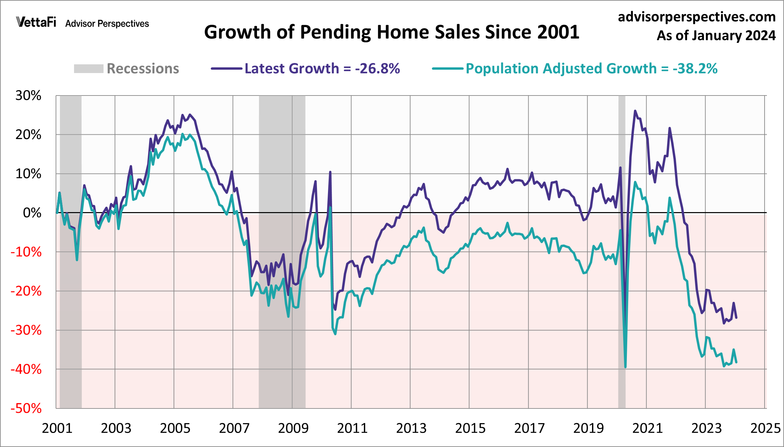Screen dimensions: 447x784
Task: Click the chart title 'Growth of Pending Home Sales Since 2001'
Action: pyautogui.click(x=392, y=33)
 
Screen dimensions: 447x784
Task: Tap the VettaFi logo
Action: pyautogui.click(x=36, y=22)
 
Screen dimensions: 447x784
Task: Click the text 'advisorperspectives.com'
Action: pyautogui.click(x=697, y=17)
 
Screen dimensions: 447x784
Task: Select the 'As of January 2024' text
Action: pyautogui.click(x=716, y=36)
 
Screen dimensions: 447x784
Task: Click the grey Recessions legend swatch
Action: pyautogui.click(x=88, y=69)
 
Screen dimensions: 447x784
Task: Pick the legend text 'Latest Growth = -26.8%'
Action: pyautogui.click(x=322, y=69)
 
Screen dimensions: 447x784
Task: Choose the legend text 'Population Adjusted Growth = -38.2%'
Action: pyautogui.click(x=591, y=69)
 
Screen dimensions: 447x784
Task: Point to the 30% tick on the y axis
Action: pyautogui.click(x=28, y=96)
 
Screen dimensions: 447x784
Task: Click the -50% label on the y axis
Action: pyautogui.click(x=26, y=408)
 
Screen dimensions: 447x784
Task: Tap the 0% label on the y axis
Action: pyautogui.click(x=32, y=213)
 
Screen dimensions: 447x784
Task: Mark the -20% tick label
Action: pyautogui.click(x=26, y=291)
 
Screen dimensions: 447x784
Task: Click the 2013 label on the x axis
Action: pyautogui.click(x=411, y=428)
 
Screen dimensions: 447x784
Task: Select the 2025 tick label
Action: pyautogui.click(x=766, y=428)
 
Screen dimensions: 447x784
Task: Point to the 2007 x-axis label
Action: pyautogui.click(x=234, y=428)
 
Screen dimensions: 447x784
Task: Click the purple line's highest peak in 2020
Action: pyautogui.click(x=635, y=111)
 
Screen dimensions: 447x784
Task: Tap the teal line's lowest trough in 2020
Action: pyautogui.click(x=625, y=367)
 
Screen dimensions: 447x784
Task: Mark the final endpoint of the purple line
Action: pyautogui.click(x=736, y=317)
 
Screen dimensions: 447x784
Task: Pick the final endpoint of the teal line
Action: pyautogui.click(x=736, y=362)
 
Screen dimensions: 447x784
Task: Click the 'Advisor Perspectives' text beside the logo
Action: pyautogui.click(x=107, y=24)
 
